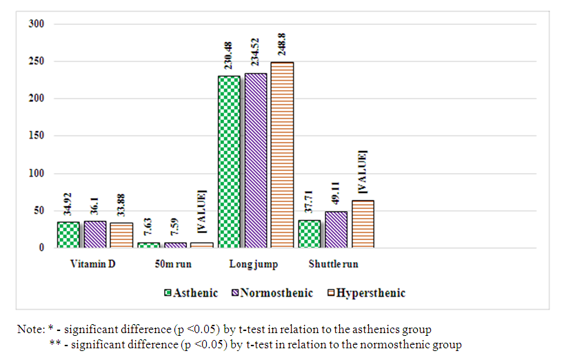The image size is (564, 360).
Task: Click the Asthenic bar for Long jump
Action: [x=229, y=162]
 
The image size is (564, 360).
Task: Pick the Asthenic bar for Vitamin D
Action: [x=68, y=235]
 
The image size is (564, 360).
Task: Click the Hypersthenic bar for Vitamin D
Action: [x=121, y=236]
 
